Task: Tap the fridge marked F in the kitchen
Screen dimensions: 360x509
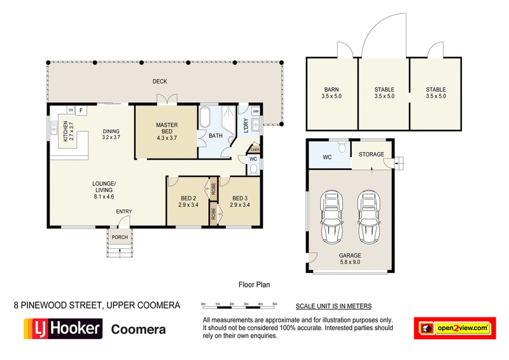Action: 81,109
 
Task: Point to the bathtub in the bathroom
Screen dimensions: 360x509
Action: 206,118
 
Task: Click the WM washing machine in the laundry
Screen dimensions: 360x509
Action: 256,111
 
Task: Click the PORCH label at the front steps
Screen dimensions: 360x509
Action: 120,237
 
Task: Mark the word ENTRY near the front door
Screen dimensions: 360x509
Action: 123,212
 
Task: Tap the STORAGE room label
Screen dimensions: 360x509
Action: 372,154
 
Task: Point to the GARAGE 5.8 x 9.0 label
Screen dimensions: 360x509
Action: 349,258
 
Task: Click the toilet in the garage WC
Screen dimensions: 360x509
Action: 342,148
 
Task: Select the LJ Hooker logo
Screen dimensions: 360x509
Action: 62,329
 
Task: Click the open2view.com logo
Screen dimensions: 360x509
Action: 454,328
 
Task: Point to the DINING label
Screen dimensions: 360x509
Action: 111,132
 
